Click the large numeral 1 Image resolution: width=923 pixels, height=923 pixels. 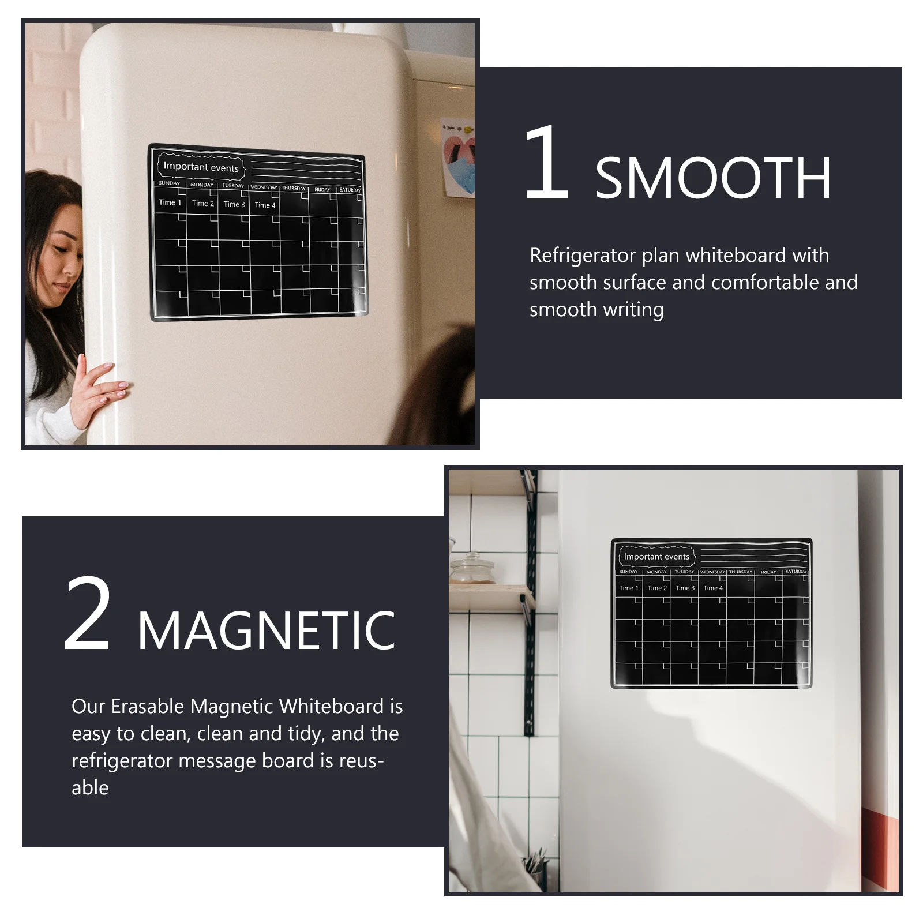click(x=546, y=164)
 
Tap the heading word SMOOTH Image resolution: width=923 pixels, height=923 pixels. click(x=713, y=179)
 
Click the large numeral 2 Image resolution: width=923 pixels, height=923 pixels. click(x=88, y=614)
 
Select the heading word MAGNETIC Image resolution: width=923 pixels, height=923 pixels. click(x=267, y=631)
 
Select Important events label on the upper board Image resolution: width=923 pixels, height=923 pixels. click(x=201, y=167)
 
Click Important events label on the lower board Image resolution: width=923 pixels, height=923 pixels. click(x=656, y=557)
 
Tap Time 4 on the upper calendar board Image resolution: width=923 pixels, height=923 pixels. click(x=265, y=205)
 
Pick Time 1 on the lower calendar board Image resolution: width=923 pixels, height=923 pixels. click(x=629, y=588)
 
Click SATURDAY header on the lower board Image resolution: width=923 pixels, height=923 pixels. click(x=796, y=572)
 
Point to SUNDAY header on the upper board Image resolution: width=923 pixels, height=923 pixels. click(x=170, y=183)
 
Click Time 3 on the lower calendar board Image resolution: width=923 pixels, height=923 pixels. click(x=685, y=588)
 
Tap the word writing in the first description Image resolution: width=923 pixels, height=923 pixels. click(x=636, y=309)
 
